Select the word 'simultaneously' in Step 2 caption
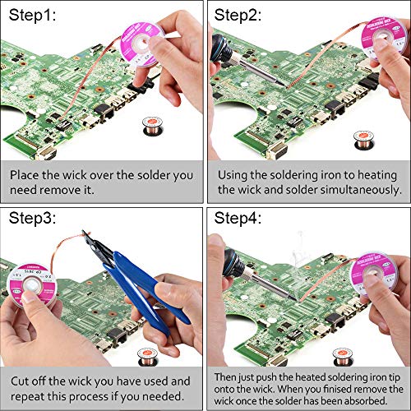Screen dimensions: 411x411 [x=351, y=190]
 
